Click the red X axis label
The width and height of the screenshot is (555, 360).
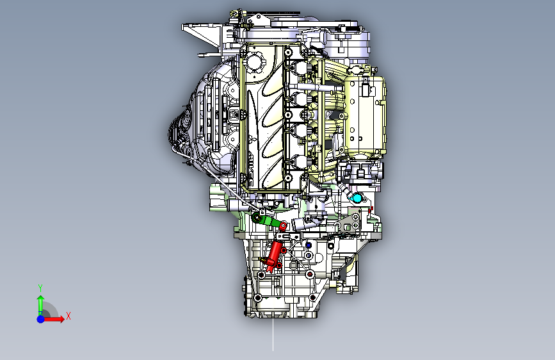(68, 316)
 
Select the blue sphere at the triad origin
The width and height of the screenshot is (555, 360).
(40, 318)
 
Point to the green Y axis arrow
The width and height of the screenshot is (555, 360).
(40, 302)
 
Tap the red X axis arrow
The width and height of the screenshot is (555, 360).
(56, 318)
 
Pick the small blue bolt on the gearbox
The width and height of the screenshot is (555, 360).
(309, 245)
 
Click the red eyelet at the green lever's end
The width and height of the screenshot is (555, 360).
(282, 225)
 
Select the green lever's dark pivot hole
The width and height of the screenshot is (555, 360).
(257, 218)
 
